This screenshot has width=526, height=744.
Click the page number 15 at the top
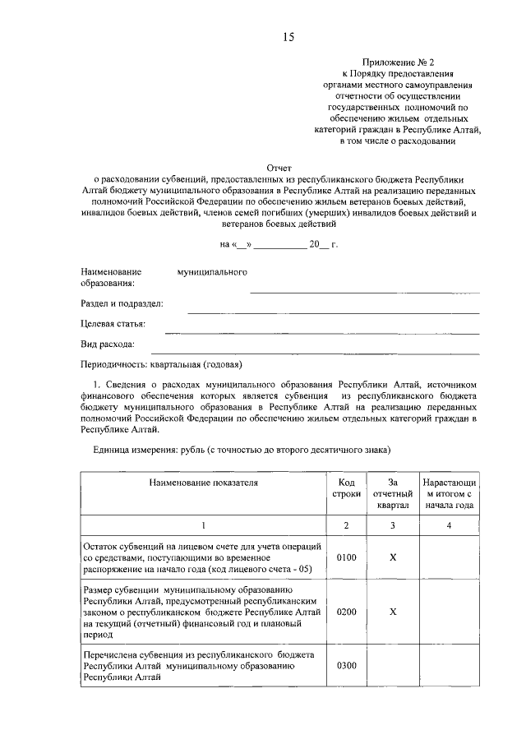tap(288, 37)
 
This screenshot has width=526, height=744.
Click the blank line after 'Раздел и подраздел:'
tap(333, 312)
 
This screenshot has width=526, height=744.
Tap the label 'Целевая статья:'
tap(113, 324)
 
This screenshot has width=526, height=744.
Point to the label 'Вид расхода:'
tap(107, 344)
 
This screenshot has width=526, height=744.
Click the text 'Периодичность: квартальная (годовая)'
tap(161, 364)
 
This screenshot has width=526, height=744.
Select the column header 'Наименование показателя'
tap(203, 483)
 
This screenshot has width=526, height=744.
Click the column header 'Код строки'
tap(346, 489)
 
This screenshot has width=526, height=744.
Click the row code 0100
tap(346, 557)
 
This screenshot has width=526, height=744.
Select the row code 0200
tap(346, 612)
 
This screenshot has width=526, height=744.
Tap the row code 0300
tap(346, 665)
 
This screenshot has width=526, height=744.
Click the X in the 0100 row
tap(392, 557)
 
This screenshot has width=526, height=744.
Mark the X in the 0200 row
tap(392, 612)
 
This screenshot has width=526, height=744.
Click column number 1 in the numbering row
tap(203, 525)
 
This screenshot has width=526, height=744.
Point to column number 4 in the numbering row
tap(449, 525)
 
